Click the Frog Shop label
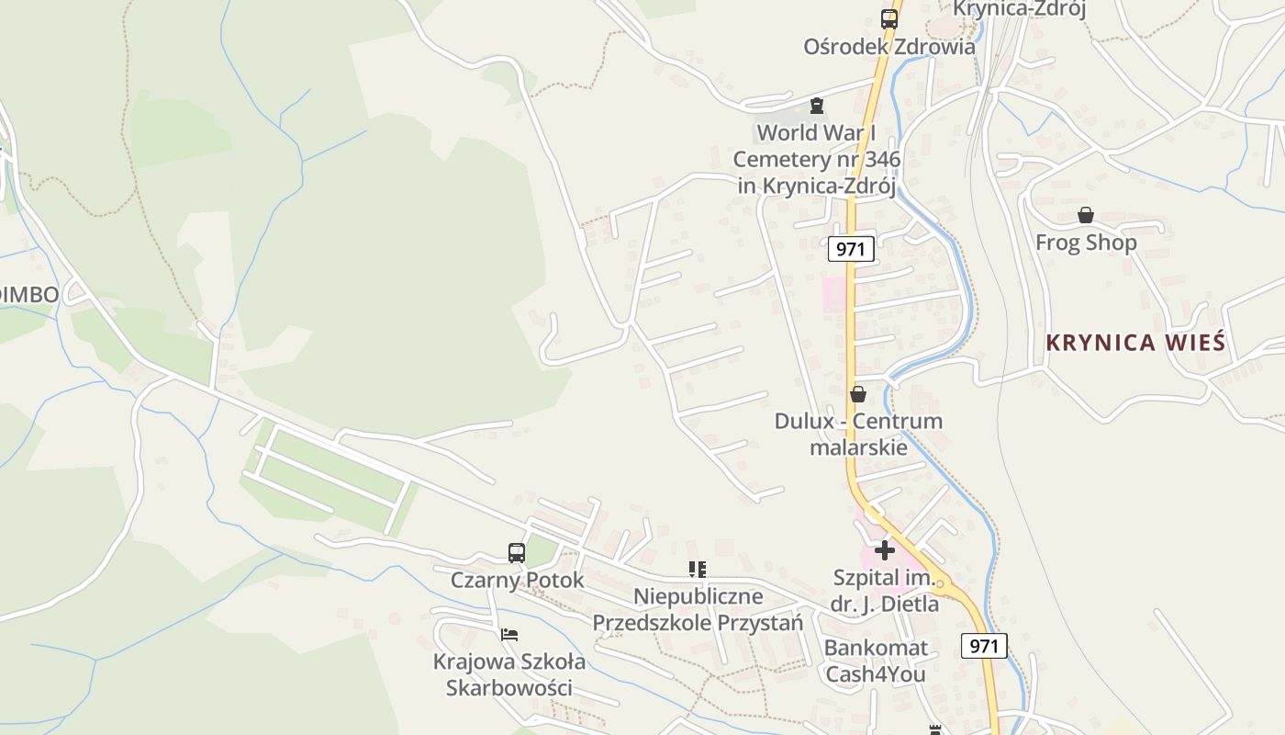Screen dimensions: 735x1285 point(1086,243)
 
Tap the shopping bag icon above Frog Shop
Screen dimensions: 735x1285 point(1086,215)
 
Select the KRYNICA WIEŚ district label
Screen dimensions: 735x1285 point(1135,343)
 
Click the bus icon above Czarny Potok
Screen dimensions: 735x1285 point(517,552)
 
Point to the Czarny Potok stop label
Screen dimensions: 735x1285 point(517,580)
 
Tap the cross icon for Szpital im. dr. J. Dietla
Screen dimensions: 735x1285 point(885,550)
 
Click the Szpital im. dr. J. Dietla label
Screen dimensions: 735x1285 point(885,591)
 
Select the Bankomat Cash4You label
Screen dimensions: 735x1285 point(876,661)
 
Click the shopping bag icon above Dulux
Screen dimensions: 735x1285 point(858,394)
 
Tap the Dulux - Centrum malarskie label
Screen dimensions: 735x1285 point(858,434)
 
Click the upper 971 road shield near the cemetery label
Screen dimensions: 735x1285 point(850,248)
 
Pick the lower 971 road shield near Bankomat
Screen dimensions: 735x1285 point(984,646)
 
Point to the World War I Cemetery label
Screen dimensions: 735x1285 point(816,159)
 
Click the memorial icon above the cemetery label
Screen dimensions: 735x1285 point(817,106)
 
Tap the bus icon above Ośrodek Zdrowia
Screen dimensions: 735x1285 point(888,18)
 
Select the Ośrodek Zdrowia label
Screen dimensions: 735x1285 point(888,46)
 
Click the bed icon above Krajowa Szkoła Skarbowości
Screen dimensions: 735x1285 point(509,634)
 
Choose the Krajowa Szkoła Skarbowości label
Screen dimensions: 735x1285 point(509,674)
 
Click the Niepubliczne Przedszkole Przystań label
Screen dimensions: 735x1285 point(698,609)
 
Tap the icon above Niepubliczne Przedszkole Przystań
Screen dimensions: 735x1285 point(698,570)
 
